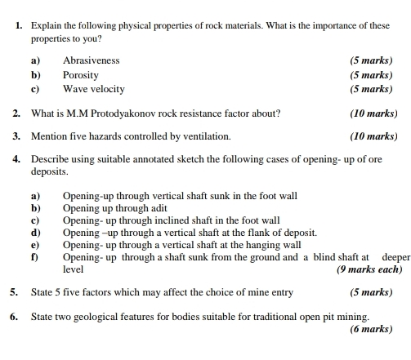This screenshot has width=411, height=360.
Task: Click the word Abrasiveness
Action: pyautogui.click(x=91, y=60)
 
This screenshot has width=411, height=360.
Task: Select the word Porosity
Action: pyautogui.click(x=80, y=74)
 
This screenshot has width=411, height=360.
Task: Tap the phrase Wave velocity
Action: pyautogui.click(x=94, y=88)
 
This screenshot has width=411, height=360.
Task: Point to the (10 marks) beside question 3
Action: pyautogui.click(x=373, y=136)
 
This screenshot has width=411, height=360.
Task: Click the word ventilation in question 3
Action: pyautogui.click(x=205, y=136)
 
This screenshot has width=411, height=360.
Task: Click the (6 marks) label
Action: pyautogui.click(x=371, y=329)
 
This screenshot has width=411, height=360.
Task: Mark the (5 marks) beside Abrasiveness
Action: pyautogui.click(x=371, y=60)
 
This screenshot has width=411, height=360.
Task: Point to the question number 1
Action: pyautogui.click(x=18, y=26)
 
